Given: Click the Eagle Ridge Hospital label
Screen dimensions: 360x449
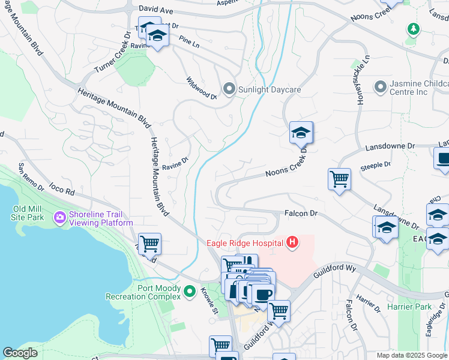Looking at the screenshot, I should [x=246, y=243].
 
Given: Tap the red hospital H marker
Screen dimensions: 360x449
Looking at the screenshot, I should [x=292, y=242].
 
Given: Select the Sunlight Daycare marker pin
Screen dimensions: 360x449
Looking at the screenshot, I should [x=229, y=89].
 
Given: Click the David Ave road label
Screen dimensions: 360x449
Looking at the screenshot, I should [x=155, y=10].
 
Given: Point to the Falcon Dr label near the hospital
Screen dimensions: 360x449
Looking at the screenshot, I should [x=300, y=213].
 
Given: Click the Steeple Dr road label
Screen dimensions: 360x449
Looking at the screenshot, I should [x=375, y=164].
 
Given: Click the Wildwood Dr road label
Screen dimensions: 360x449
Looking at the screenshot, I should [x=201, y=88].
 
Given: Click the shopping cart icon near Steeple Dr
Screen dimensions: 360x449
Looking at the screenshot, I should [x=339, y=178].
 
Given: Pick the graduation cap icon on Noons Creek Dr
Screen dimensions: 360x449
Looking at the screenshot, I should [x=301, y=132].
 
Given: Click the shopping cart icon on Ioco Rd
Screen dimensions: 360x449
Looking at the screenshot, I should [x=149, y=243].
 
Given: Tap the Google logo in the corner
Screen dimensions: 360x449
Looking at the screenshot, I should [x=20, y=353].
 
